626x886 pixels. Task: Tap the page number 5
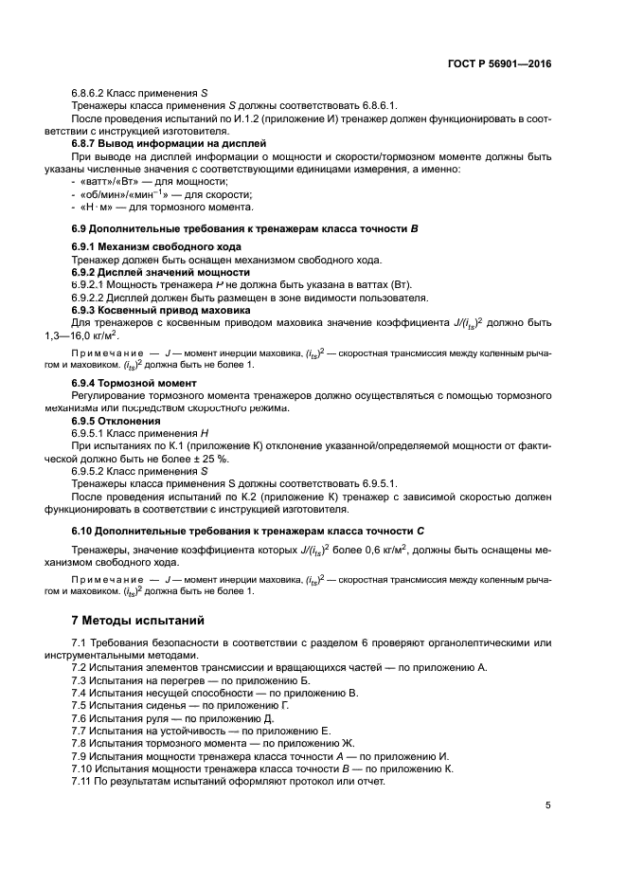click(x=548, y=805)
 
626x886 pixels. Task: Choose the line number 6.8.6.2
click(x=93, y=93)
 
